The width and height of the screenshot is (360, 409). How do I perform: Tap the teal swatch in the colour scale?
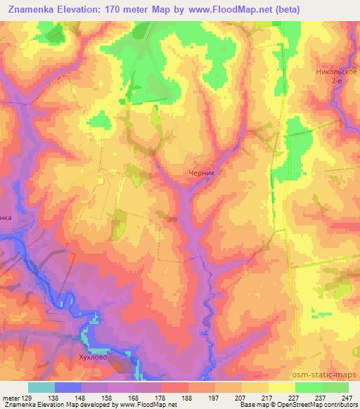[x=41, y=387]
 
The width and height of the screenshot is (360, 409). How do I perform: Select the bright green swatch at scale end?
[x=335, y=387]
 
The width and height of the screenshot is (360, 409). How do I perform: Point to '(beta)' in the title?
[x=307, y=10]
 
